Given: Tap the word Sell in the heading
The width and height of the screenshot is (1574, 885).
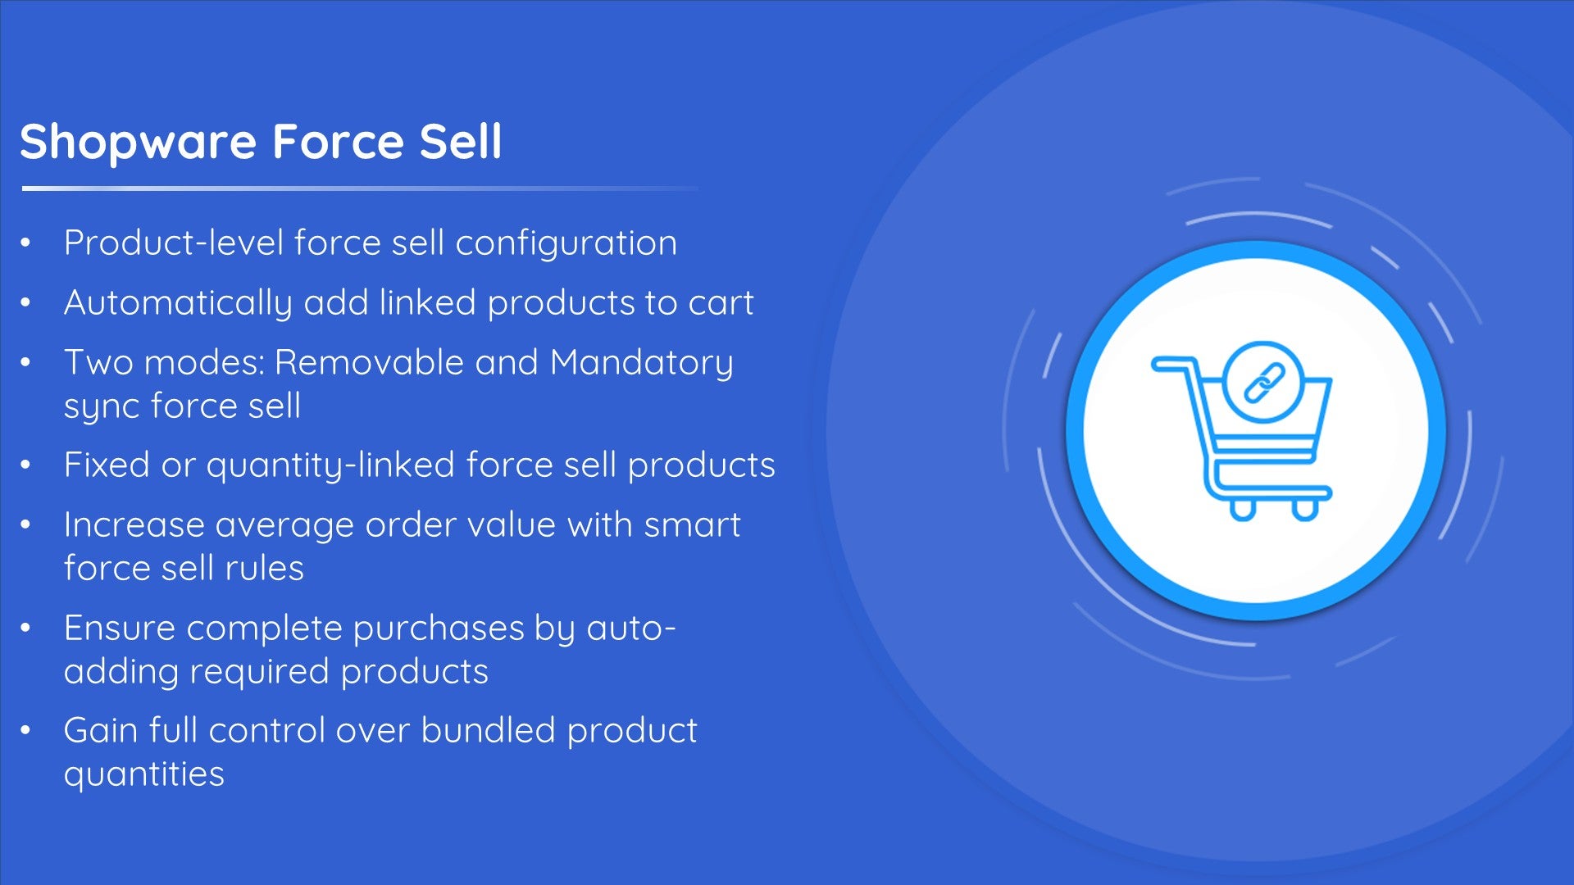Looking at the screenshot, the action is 460,141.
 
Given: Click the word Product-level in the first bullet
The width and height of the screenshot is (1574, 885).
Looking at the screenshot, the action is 174,243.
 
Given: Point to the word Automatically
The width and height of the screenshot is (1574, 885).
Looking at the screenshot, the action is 178,304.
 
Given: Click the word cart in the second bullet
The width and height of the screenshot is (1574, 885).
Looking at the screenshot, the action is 721,304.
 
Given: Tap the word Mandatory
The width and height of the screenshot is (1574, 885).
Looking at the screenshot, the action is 642,364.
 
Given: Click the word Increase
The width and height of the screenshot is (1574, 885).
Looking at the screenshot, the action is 134,524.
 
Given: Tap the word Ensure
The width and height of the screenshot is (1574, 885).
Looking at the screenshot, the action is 120,628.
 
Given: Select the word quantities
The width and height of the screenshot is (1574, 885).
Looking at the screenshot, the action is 144,775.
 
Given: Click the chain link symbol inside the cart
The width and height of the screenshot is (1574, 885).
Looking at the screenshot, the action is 1264,383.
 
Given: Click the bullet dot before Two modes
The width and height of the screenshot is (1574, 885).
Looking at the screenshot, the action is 26,362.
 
